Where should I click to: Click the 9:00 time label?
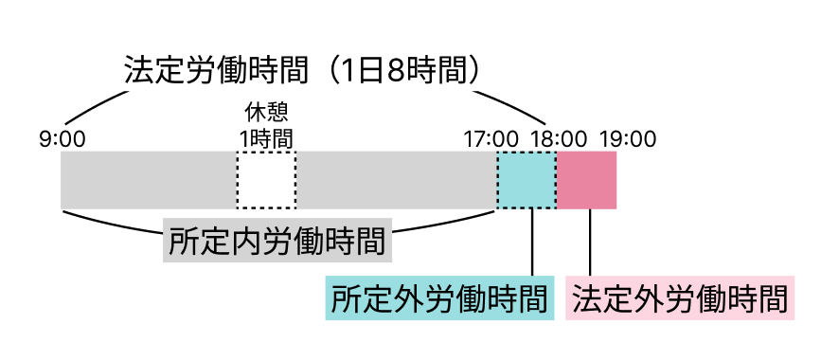click(x=62, y=139)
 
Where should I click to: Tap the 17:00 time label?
click(x=491, y=139)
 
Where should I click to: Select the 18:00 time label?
click(x=559, y=139)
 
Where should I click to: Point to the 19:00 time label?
click(x=628, y=139)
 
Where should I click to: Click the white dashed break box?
click(x=266, y=180)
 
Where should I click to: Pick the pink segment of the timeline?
click(x=586, y=180)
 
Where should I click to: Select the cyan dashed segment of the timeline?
click(x=527, y=180)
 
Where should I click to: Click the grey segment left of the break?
click(x=149, y=180)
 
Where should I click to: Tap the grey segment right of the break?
click(x=397, y=180)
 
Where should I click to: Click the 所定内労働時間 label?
click(x=277, y=241)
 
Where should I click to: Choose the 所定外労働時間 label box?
click(x=439, y=298)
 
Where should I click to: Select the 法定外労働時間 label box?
click(x=680, y=298)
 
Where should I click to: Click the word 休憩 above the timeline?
click(x=266, y=113)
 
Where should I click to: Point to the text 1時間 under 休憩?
click(x=266, y=139)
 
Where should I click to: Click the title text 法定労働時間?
click(x=217, y=70)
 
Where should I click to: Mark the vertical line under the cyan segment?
click(x=532, y=243)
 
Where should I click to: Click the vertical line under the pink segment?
click(x=590, y=243)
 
